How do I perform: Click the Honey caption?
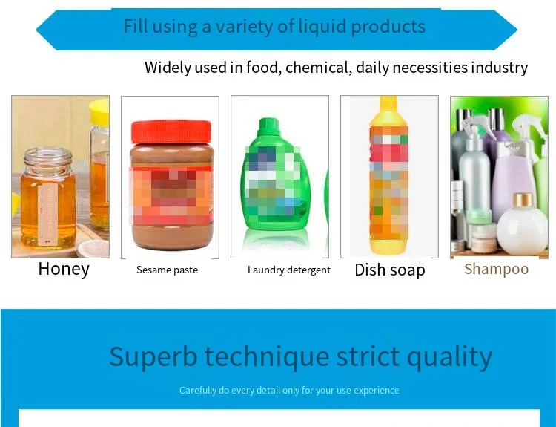tap(64, 269)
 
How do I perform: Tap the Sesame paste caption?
tap(167, 270)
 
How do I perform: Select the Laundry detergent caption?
tap(289, 270)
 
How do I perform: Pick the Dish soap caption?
tap(390, 270)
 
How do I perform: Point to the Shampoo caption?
tap(496, 269)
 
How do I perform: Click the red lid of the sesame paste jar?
tap(171, 131)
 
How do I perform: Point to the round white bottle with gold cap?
tap(522, 226)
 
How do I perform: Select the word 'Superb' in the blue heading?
tap(153, 356)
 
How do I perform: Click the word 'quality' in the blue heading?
tap(451, 356)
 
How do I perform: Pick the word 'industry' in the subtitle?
tap(498, 68)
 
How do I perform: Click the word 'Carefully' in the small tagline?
tap(199, 390)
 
